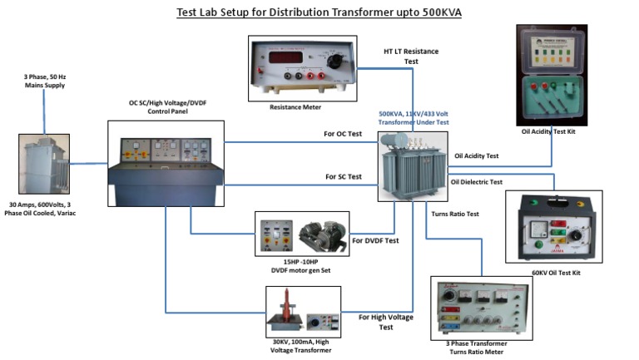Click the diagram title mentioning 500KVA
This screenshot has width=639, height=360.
(319, 12)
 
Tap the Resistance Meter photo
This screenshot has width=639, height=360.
(303, 68)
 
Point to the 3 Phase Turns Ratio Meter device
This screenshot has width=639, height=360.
(481, 308)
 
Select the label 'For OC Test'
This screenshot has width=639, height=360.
(343, 135)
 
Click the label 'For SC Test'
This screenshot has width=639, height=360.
(343, 176)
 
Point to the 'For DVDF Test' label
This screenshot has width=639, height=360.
(375, 241)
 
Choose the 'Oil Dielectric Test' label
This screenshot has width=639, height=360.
(477, 181)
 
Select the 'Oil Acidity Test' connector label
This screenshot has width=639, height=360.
(476, 155)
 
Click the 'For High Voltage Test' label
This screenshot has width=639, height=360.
(385, 322)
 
